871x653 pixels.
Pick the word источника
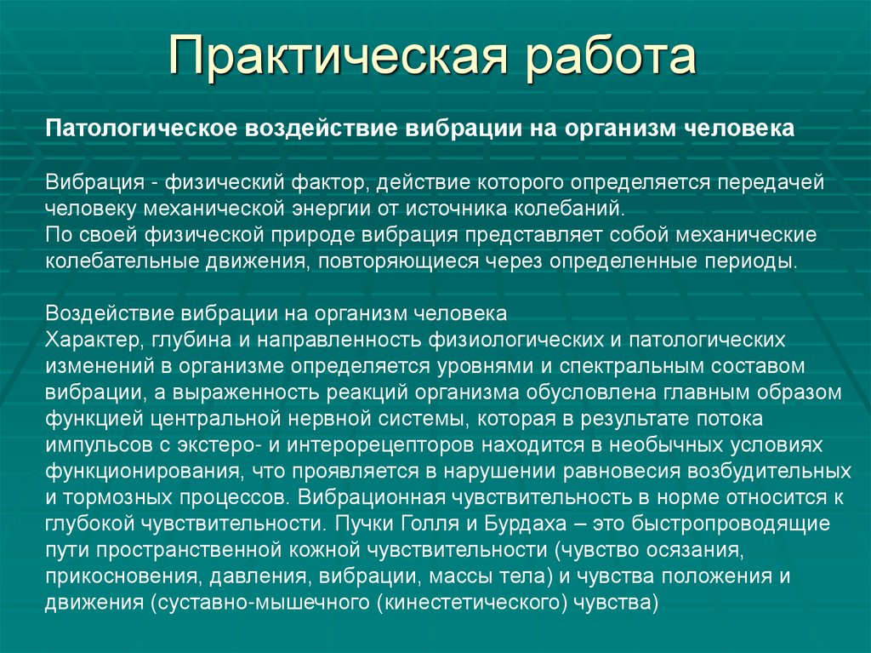coord(479,209)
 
